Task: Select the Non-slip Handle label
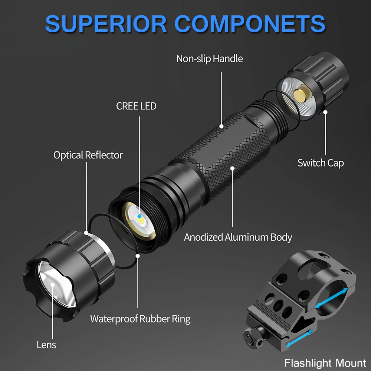pyautogui.click(x=209, y=59)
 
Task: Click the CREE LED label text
pyautogui.click(x=136, y=106)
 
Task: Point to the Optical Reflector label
pyautogui.click(x=88, y=155)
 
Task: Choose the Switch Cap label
pyautogui.click(x=321, y=162)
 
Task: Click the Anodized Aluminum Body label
pyautogui.click(x=238, y=237)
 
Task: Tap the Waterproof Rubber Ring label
pyautogui.click(x=140, y=319)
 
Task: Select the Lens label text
pyautogui.click(x=46, y=345)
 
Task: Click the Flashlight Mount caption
pyautogui.click(x=325, y=362)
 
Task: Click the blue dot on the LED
pyautogui.click(x=139, y=216)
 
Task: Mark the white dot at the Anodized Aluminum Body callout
pyautogui.click(x=233, y=168)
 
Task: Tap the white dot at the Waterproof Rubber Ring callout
pyautogui.click(x=137, y=255)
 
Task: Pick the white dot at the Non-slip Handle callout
pyautogui.click(x=221, y=126)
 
